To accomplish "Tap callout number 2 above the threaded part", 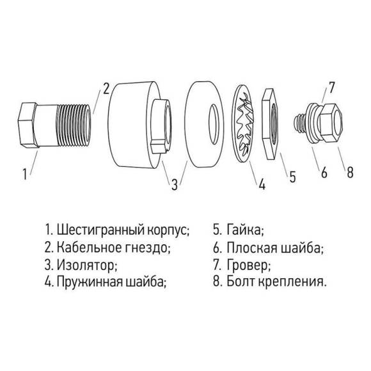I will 107,88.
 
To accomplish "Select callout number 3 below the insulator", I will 173,185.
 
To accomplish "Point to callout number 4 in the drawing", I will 261,186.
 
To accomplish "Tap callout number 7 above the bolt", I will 331,86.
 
